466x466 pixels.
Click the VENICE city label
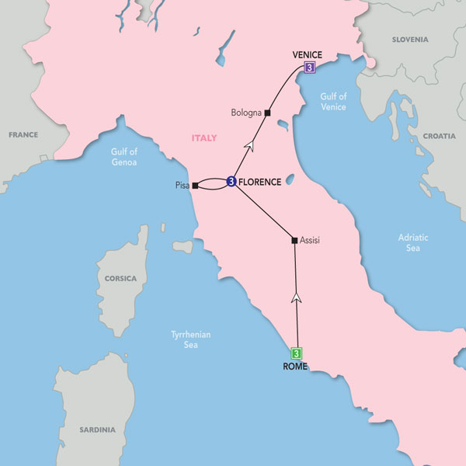coord(307,54)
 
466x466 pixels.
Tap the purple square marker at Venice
coord(310,68)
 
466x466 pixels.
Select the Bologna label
coord(246,113)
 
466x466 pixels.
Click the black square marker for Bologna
coord(267,113)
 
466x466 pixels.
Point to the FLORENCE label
coord(260,182)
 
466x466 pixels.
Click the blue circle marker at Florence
coord(231,182)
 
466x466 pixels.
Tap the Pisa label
coord(183,186)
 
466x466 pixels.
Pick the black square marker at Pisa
coord(196,186)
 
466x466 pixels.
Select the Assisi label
coord(309,241)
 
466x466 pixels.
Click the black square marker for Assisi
coord(294,240)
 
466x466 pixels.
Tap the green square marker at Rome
coord(296,353)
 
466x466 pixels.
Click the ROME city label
coord(296,367)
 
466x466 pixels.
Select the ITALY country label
coord(203,138)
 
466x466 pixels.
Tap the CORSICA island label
coord(120,278)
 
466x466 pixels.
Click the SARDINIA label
coord(97,429)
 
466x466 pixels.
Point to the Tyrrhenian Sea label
coord(191,340)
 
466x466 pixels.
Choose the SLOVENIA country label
coord(409,39)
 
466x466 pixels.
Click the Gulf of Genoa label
coord(123,157)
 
